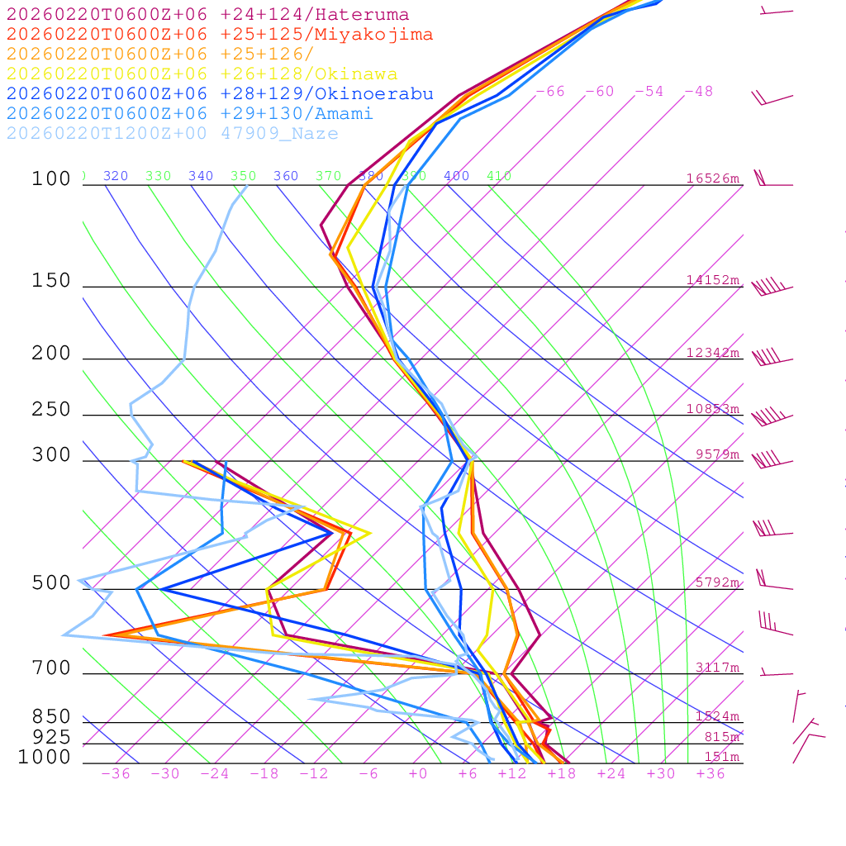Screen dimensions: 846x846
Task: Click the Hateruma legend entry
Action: point(207,14)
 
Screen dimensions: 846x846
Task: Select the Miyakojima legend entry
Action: point(220,34)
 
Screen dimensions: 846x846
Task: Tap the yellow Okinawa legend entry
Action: point(202,74)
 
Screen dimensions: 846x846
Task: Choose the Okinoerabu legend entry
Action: point(220,94)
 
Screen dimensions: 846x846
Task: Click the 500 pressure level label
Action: point(51,583)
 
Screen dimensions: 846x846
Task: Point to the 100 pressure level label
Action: point(51,179)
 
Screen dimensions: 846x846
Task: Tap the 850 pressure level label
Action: point(51,717)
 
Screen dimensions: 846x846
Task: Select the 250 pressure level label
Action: point(51,410)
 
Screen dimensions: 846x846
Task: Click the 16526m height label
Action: point(713,178)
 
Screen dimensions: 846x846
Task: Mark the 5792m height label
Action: point(717,582)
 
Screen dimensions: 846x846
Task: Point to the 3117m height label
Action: point(717,668)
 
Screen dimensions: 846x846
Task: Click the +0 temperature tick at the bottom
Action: point(418,774)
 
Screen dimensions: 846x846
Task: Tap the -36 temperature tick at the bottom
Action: point(116,774)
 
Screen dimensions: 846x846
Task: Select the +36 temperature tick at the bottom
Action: point(711,774)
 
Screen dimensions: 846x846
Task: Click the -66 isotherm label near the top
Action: point(550,92)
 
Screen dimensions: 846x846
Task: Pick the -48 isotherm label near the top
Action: point(699,92)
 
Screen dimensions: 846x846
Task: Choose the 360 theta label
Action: point(286,176)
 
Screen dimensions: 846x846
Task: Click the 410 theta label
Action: point(499,176)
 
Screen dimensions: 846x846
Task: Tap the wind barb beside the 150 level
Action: point(772,288)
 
